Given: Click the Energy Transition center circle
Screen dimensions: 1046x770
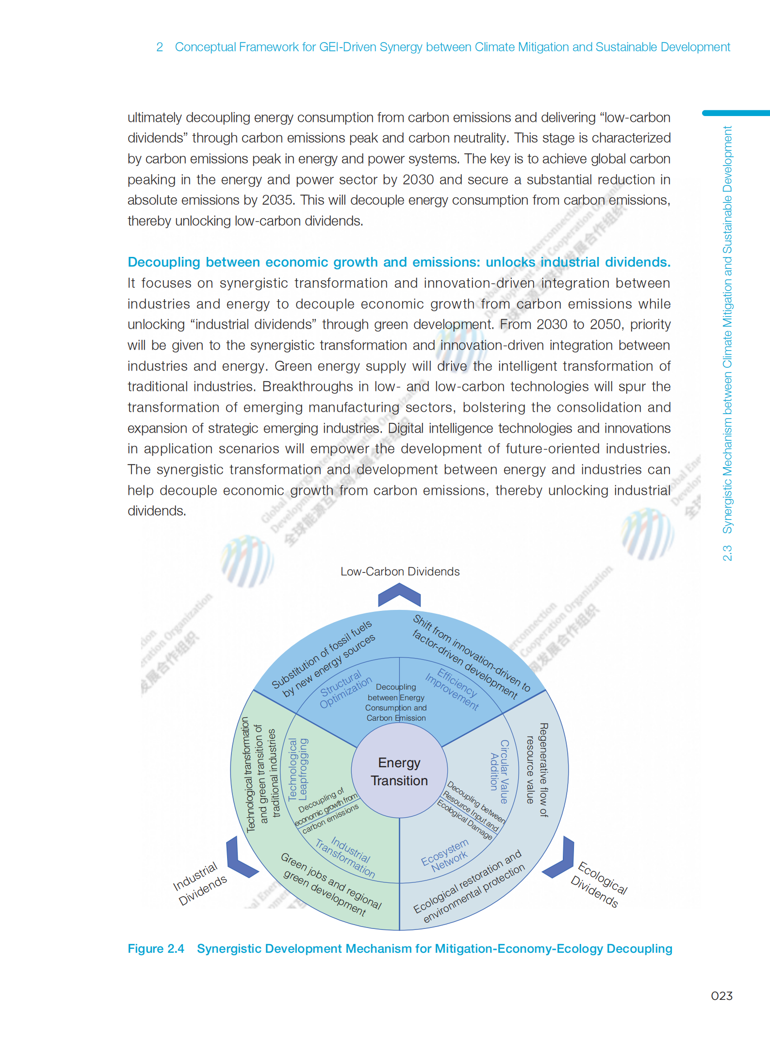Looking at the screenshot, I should [399, 771].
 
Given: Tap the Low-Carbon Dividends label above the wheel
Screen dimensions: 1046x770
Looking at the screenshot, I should [400, 572].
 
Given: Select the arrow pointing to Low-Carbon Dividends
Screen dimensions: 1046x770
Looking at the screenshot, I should [399, 594].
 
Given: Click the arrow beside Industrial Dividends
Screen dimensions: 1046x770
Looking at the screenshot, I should [239, 859].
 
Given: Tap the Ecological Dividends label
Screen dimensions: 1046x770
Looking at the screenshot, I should [599, 885].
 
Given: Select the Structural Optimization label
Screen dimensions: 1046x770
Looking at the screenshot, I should [345, 690].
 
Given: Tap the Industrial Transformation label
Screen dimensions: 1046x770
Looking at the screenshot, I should [346, 857].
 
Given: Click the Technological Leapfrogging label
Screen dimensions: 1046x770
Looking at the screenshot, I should [297, 769].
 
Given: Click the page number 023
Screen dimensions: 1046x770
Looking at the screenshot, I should [721, 996].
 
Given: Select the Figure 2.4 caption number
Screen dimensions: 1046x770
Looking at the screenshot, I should [156, 948].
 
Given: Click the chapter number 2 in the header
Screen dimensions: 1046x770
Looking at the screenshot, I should [159, 47].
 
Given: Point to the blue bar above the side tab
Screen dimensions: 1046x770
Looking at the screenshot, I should [736, 113].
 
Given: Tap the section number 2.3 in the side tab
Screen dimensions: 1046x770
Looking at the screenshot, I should [727, 553].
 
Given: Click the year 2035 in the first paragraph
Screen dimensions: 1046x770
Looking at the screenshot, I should [277, 200].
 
